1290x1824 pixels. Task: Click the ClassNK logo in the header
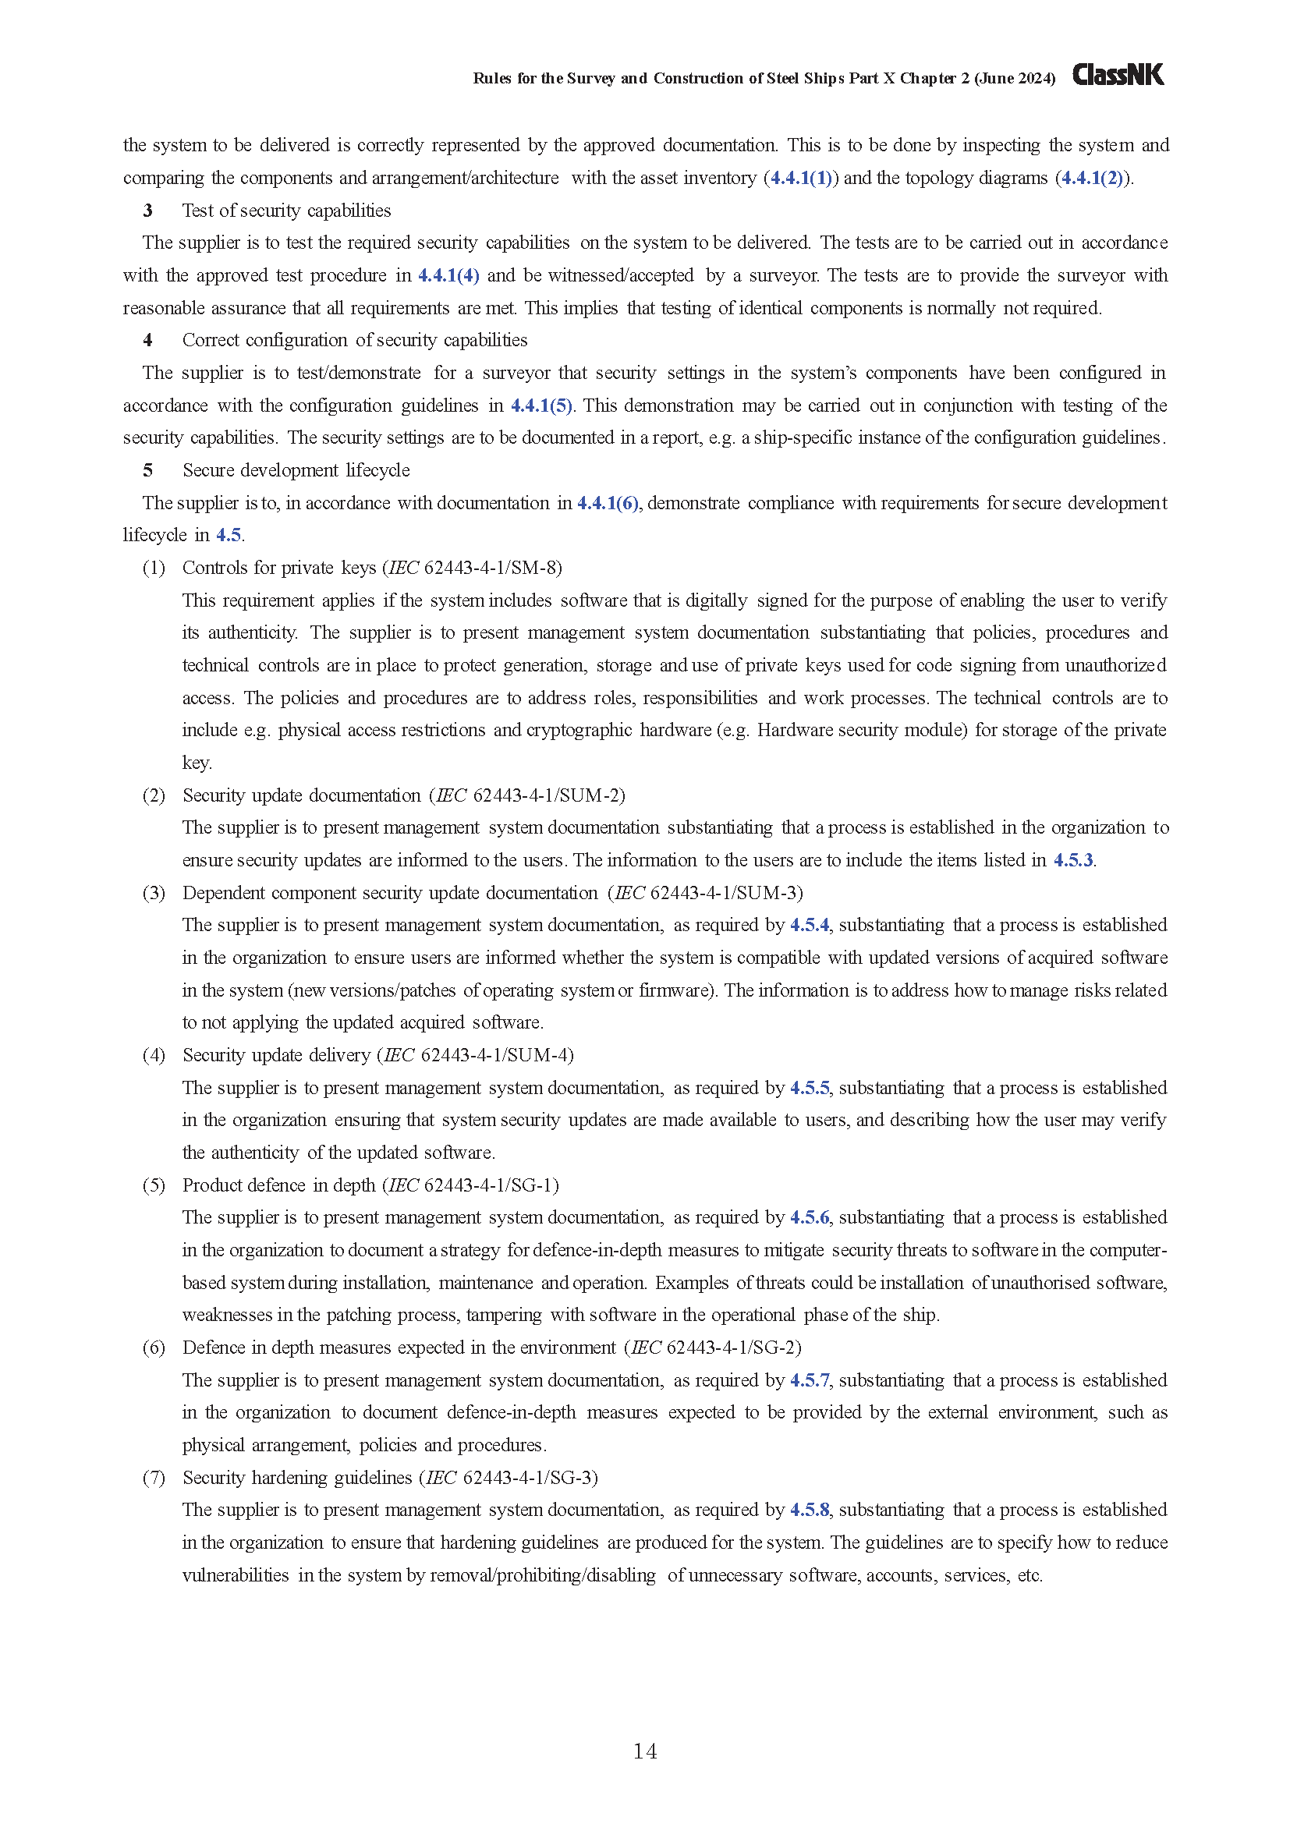[1118, 75]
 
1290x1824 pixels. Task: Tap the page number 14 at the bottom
[644, 1751]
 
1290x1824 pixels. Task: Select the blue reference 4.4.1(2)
[1092, 178]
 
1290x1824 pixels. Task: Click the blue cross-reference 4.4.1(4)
[448, 275]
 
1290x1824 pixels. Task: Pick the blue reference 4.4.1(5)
[541, 406]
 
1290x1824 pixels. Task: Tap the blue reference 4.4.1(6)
[608, 503]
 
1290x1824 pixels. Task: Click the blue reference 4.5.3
[1073, 860]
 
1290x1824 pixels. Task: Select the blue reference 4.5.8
[810, 1511]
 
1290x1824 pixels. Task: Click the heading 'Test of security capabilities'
[287, 211]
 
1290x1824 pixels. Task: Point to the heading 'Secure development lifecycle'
[296, 470]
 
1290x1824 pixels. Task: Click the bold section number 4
[147, 341]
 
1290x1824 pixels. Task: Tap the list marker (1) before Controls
[154, 568]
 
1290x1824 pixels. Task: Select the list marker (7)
[154, 1478]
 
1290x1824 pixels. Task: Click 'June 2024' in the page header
[1015, 78]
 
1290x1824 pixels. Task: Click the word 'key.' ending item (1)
[197, 763]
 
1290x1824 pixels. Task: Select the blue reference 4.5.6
[810, 1218]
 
